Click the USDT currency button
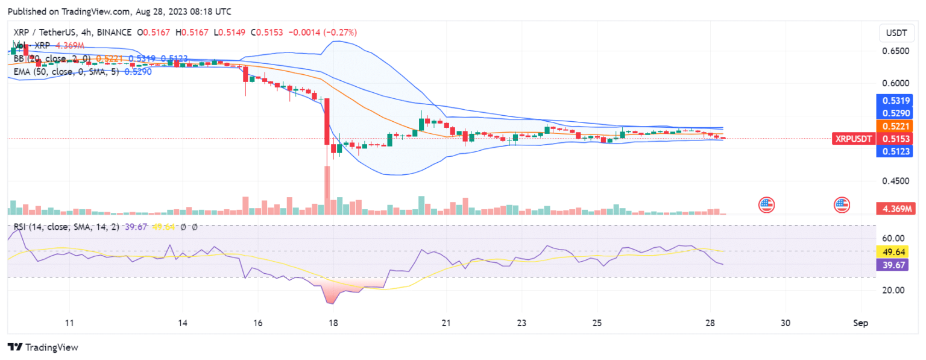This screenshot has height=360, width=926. point(892,32)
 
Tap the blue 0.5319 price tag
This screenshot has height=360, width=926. point(892,100)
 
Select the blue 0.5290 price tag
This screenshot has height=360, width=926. point(892,113)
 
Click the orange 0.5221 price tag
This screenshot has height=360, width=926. point(892,126)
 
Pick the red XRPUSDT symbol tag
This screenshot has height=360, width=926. point(853,139)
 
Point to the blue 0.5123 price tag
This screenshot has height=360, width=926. point(892,151)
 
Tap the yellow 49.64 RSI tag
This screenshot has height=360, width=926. point(892,251)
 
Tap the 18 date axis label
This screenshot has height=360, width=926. point(333,323)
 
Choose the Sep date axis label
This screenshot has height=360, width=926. point(861,323)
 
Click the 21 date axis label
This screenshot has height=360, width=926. point(446,323)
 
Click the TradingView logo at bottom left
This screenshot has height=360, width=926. point(42,347)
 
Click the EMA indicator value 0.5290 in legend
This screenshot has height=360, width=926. point(137,71)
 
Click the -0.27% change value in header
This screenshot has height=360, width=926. point(342,32)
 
